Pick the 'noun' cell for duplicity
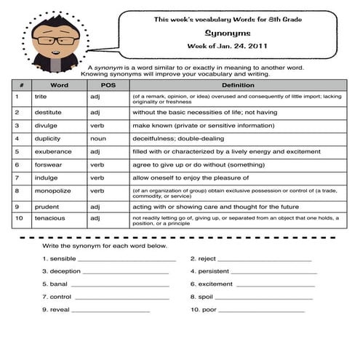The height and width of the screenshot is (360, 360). coord(98,138)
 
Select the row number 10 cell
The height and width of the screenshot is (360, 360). coord(19,217)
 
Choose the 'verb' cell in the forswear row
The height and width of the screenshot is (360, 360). coord(97,164)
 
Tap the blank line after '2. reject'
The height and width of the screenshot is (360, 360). coord(265,260)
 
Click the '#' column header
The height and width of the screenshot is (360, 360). coord(21,85)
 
